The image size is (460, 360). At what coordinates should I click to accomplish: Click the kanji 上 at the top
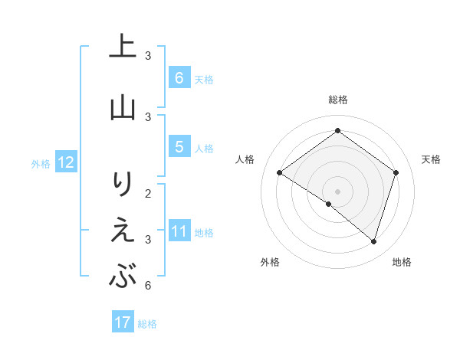tap(123, 47)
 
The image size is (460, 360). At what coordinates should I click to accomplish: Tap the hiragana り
tap(123, 184)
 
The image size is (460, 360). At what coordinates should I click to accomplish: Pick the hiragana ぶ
tap(123, 277)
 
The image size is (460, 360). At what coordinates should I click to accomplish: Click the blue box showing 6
tap(179, 78)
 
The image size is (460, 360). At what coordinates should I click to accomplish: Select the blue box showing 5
tap(179, 147)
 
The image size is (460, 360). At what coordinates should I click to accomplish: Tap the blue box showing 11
tap(179, 231)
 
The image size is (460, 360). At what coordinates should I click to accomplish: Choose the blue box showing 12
tap(65, 162)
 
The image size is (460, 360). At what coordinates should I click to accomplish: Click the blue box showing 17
tap(123, 322)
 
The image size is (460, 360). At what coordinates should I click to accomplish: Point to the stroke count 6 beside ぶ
tap(147, 286)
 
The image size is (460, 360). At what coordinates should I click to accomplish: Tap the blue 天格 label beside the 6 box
tap(204, 79)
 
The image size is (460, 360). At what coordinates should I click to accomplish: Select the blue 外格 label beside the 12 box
tap(41, 163)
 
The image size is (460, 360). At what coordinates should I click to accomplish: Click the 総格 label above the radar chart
tap(337, 100)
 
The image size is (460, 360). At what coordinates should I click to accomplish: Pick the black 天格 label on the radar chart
tap(431, 159)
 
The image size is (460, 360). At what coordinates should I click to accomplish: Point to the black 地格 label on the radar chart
tap(402, 262)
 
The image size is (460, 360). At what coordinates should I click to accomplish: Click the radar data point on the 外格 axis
tap(329, 204)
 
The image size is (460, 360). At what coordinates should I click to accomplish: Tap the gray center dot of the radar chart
tap(337, 191)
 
